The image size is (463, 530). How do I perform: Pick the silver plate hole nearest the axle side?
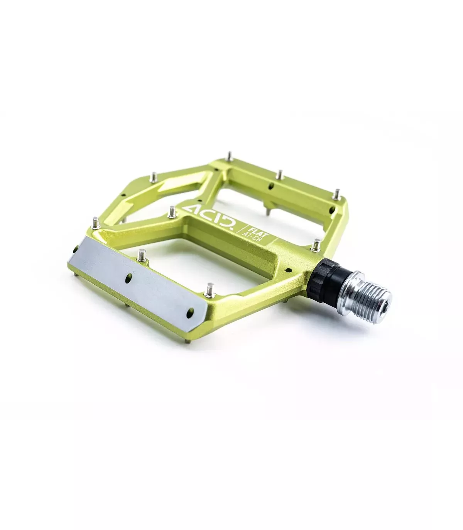pos(190,313)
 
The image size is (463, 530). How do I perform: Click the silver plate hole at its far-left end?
pos(76,250)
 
